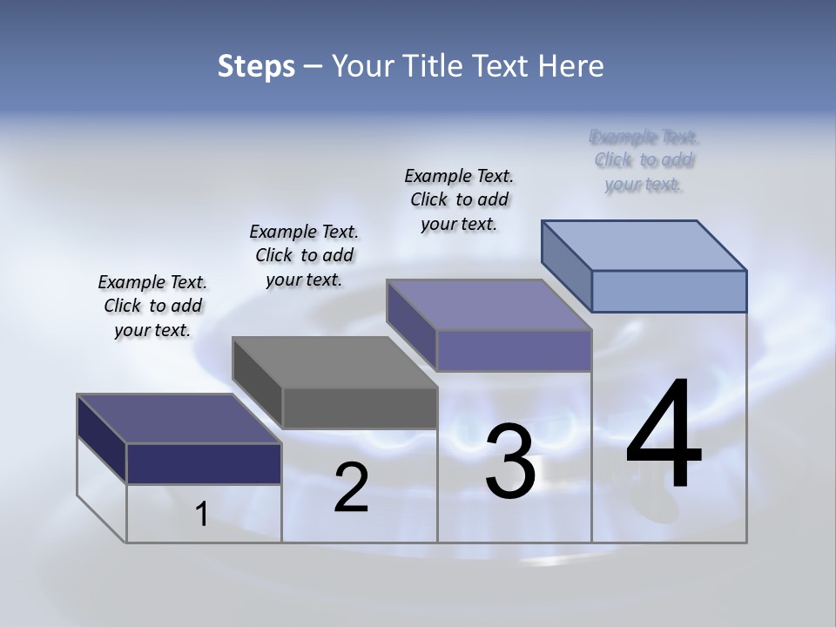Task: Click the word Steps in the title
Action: [x=256, y=66]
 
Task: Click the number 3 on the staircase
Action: [x=509, y=462]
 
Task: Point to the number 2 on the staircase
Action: [x=351, y=489]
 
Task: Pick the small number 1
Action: [x=202, y=515]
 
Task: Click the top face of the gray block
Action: [x=334, y=361]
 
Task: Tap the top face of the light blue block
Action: [x=644, y=245]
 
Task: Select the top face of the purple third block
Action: [x=489, y=305]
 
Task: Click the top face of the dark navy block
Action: [x=179, y=419]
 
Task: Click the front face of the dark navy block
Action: [x=204, y=463]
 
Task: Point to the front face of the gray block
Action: [x=359, y=408]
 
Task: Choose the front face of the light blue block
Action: [x=669, y=291]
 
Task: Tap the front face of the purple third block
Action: [x=514, y=350]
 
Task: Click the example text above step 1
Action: [x=152, y=306]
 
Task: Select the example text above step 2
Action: [x=304, y=255]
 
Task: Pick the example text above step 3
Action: [x=459, y=199]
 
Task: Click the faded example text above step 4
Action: [x=644, y=160]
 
